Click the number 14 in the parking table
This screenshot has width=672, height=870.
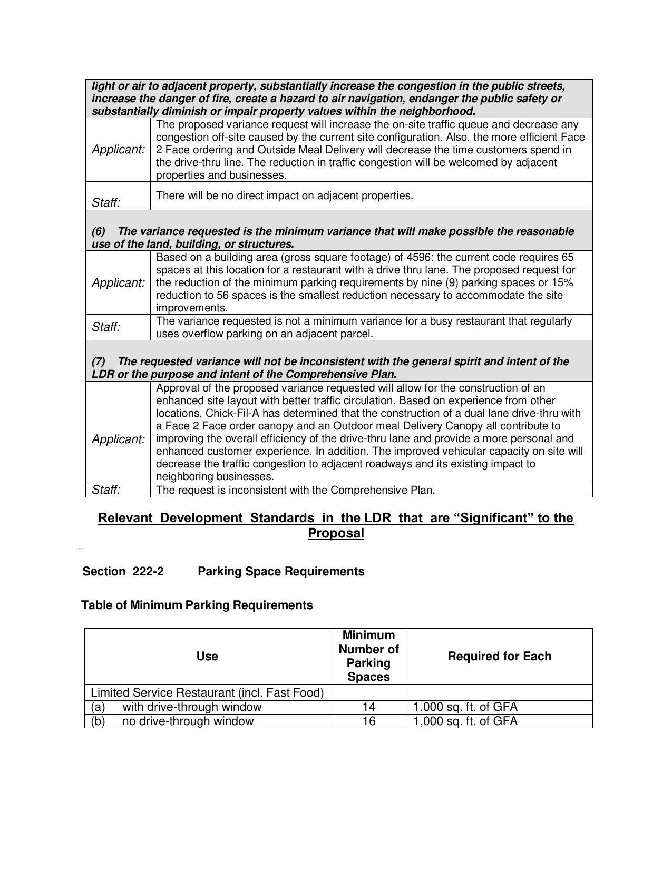tap(369, 707)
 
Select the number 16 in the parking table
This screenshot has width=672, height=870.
tap(369, 721)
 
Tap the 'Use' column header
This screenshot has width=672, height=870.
tap(207, 656)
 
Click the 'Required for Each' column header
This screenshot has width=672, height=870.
tap(499, 656)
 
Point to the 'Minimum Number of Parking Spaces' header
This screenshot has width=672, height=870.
tap(368, 656)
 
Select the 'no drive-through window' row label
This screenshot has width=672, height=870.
tap(188, 721)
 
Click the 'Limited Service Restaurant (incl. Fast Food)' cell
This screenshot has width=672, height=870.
tap(207, 692)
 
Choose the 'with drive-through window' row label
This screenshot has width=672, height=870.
tap(191, 707)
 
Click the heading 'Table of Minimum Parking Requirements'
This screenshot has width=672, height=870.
tap(197, 605)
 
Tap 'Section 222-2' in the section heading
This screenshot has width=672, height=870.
tap(123, 571)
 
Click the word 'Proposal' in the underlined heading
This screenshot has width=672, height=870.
tap(336, 533)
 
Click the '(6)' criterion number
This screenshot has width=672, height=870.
tap(99, 231)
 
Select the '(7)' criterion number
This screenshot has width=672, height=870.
tap(99, 361)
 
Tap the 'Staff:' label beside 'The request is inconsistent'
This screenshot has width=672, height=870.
tap(106, 490)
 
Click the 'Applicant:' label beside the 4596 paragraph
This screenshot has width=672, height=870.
tap(118, 282)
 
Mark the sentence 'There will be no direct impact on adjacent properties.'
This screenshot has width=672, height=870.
tap(285, 195)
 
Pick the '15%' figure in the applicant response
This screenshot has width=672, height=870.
tap(561, 282)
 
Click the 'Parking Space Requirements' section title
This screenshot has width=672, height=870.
tap(281, 571)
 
